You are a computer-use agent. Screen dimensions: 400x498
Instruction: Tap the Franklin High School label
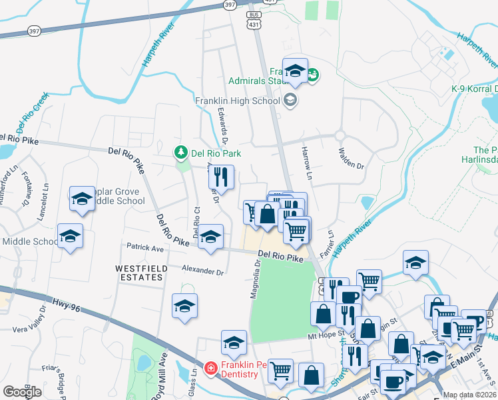coord(238,101)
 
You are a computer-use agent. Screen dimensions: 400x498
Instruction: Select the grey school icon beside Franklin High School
coord(290,101)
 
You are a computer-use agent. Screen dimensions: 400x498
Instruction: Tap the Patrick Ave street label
coord(146,248)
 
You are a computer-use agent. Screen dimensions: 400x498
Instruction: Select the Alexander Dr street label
coord(202,271)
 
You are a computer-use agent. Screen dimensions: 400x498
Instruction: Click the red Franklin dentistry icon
coord(210,367)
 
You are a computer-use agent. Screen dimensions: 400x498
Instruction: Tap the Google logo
coord(22,392)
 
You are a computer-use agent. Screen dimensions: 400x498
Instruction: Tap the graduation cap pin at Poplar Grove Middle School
coord(82,199)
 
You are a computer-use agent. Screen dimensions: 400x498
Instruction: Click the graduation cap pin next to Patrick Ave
coord(210,238)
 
